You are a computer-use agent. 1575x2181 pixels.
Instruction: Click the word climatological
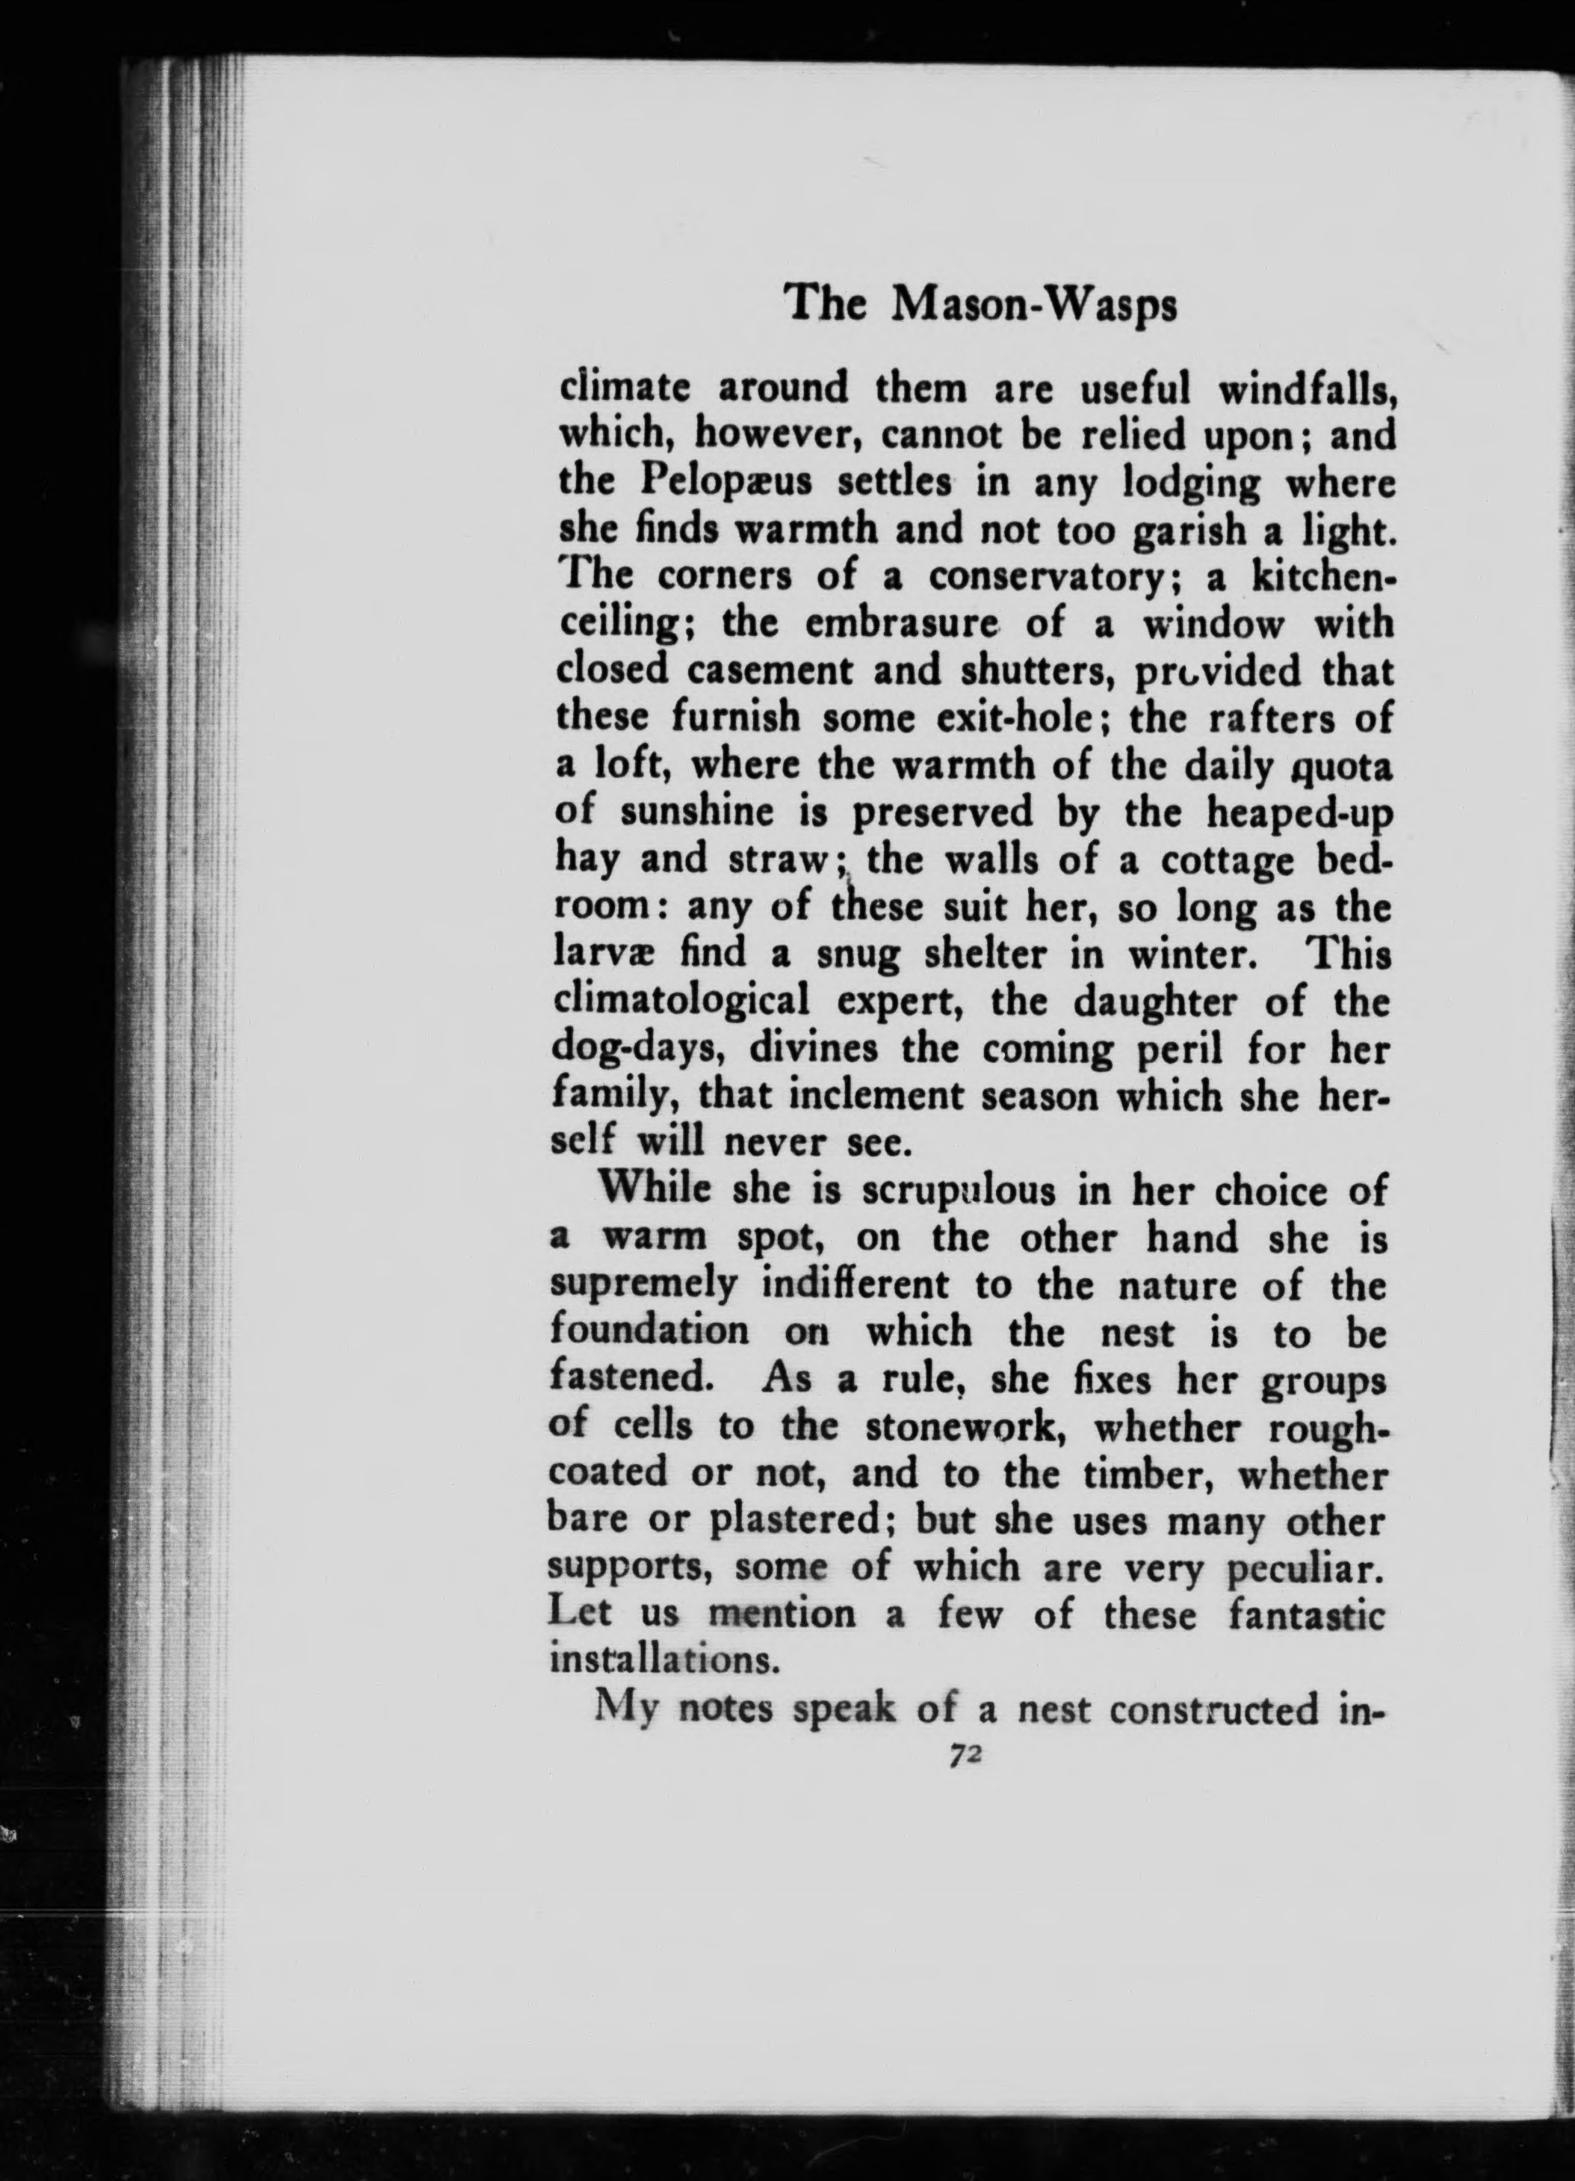pyautogui.click(x=683, y=1002)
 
